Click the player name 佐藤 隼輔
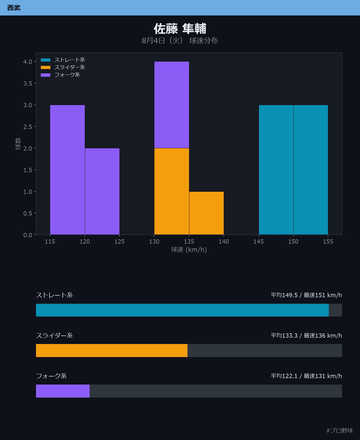pyautogui.click(x=180, y=29)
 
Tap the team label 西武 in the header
pyautogui.click(x=14, y=8)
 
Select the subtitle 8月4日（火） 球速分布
pyautogui.click(x=180, y=41)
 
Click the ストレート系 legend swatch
pyautogui.click(x=46, y=60)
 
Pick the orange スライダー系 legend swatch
pyautogui.click(x=46, y=67)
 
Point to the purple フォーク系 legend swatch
pyautogui.click(x=46, y=75)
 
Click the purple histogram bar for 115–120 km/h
pyautogui.click(x=67, y=170)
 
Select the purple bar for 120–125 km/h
pyautogui.click(x=102, y=191)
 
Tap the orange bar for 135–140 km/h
pyautogui.click(x=206, y=213)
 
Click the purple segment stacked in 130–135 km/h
pyautogui.click(x=172, y=105)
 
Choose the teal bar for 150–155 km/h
pyautogui.click(x=311, y=170)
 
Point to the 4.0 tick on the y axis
pyautogui.click(x=28, y=62)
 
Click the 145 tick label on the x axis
pyautogui.click(x=259, y=242)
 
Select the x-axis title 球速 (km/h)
pyautogui.click(x=189, y=250)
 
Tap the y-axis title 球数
pyautogui.click(x=18, y=144)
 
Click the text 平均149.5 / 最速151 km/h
pyautogui.click(x=306, y=295)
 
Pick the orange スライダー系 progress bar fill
pyautogui.click(x=112, y=351)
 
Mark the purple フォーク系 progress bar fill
pyautogui.click(x=63, y=391)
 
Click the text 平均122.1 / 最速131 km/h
pyautogui.click(x=306, y=376)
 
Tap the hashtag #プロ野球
pyautogui.click(x=339, y=431)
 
